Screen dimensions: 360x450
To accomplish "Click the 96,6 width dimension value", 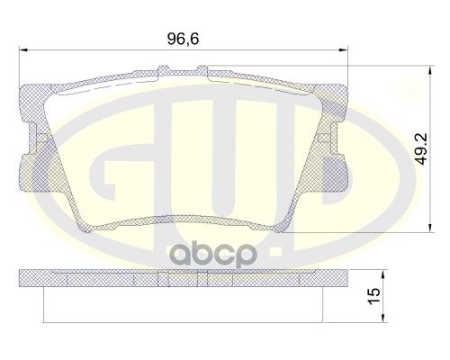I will click(x=182, y=39).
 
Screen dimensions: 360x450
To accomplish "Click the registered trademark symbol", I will click(x=412, y=91).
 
